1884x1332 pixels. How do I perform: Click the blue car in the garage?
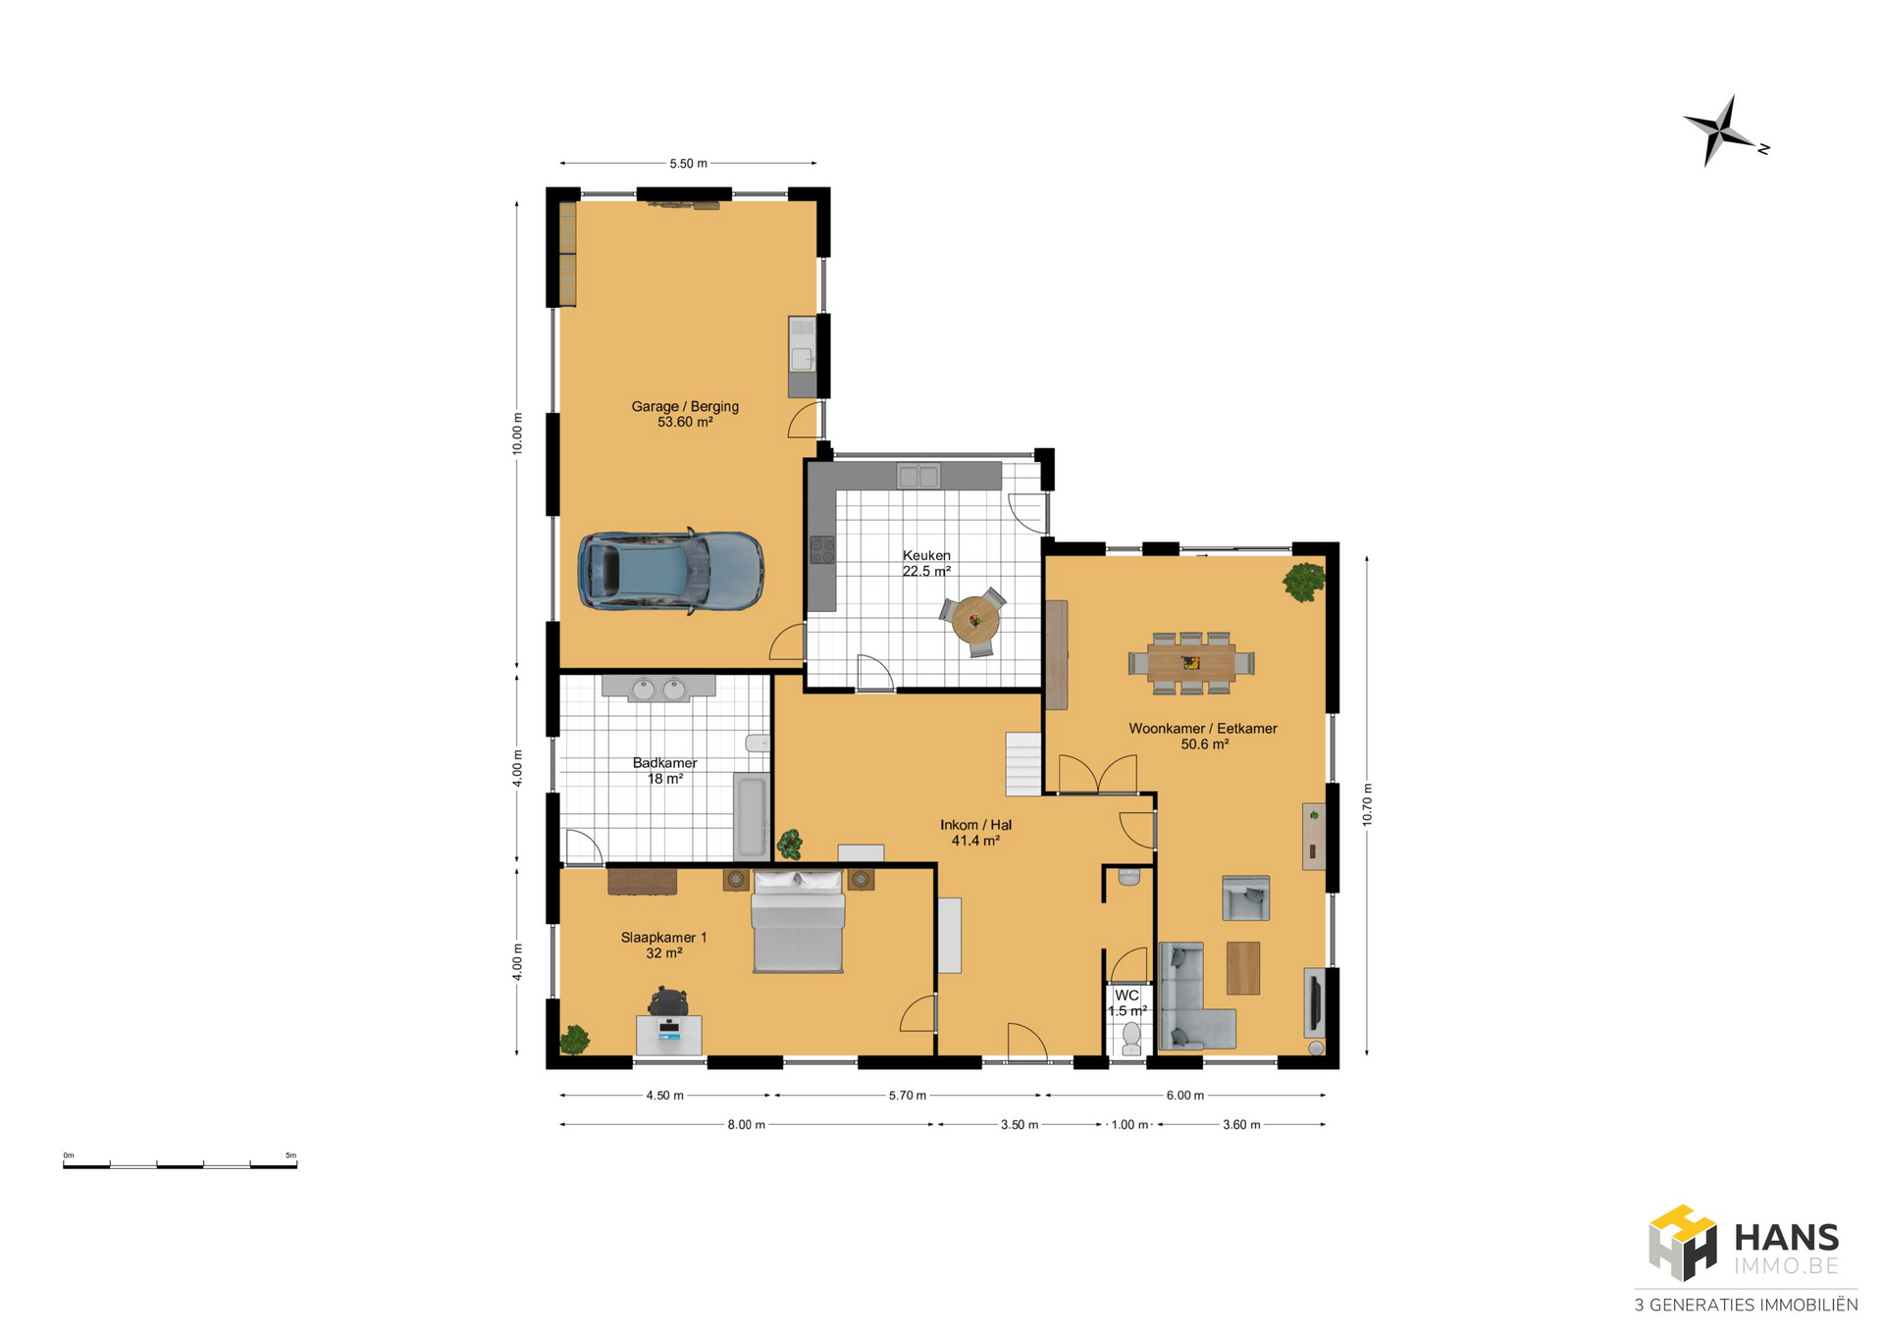coord(670,572)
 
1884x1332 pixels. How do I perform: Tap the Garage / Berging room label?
coord(685,414)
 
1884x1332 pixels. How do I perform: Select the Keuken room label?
coord(926,563)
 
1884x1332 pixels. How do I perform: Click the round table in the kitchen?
coord(974,620)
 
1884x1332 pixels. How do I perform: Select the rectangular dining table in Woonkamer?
coord(1191,663)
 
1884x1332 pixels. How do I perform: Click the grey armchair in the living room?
coord(1246,897)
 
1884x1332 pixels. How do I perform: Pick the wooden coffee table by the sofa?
coord(1243,968)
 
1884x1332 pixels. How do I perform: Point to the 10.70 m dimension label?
coord(1367,804)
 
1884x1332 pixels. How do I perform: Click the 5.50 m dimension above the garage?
coord(688,164)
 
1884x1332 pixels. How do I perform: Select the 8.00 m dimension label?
coord(746,1125)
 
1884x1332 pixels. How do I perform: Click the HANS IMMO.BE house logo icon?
coord(1683,1243)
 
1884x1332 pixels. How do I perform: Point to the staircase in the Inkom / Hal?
coord(1022,764)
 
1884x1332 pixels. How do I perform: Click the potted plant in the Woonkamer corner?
coord(1304,582)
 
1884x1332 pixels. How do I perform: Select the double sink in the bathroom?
coord(658,690)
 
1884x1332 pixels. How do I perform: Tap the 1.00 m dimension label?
coord(1129,1125)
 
